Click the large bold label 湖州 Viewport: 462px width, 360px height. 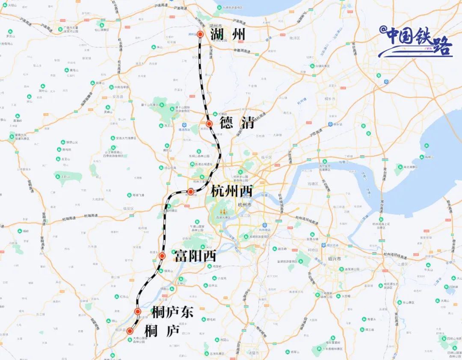pos(228,34)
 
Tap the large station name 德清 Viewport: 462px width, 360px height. pos(237,123)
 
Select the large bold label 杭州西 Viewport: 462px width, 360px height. pos(232,191)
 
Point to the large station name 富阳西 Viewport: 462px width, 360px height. pos(195,256)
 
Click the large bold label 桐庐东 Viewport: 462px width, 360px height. pos(172,313)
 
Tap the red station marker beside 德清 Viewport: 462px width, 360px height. pos(209,124)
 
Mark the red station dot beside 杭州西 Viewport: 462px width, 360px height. pos(191,191)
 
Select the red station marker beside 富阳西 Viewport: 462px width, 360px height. pos(162,256)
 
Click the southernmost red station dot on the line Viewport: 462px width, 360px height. pos(130,330)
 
